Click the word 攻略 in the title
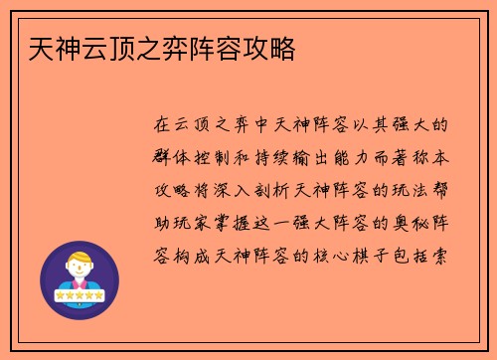pyautogui.click(x=268, y=48)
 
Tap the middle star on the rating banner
pyautogui.click(x=79, y=295)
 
